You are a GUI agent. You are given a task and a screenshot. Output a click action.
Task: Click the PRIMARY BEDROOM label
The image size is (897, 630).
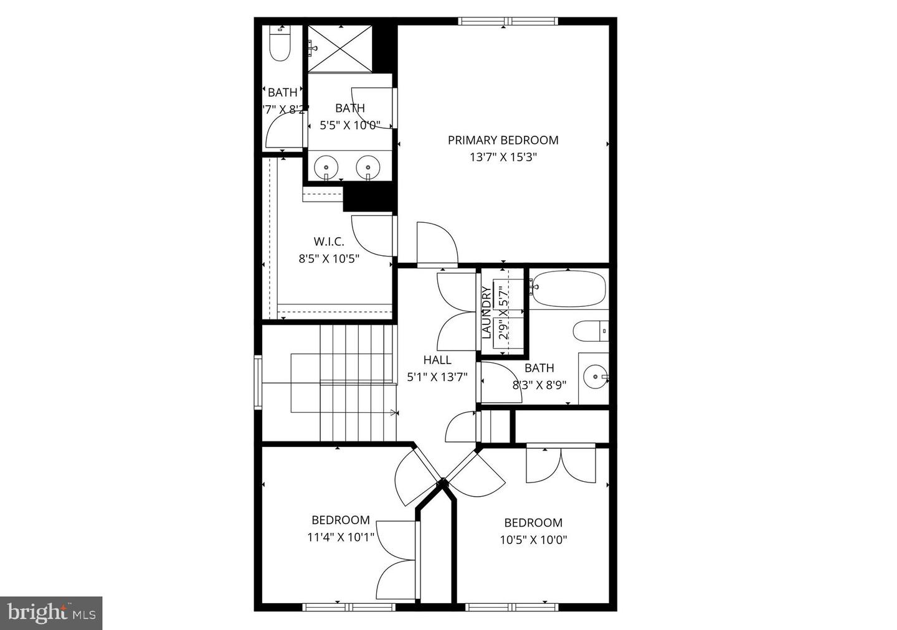[503, 140]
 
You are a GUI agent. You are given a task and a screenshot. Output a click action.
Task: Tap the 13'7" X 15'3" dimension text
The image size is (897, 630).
[503, 157]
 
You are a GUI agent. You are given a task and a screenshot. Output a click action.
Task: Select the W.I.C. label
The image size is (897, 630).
[328, 242]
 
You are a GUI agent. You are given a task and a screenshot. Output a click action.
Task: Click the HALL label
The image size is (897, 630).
[437, 360]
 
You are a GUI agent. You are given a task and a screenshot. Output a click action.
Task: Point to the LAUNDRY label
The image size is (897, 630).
[486, 312]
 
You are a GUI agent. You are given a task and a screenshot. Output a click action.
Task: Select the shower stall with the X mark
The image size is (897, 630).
[341, 49]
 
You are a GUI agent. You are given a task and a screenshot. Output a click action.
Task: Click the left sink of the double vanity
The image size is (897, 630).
[326, 167]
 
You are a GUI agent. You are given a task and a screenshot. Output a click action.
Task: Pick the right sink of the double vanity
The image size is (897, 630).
[368, 167]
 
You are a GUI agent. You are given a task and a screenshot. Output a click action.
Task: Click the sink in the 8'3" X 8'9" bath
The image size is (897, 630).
[596, 376]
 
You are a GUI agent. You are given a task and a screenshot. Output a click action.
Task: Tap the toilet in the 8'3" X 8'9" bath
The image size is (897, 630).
[589, 331]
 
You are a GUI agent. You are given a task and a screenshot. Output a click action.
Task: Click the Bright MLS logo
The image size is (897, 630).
[51, 613]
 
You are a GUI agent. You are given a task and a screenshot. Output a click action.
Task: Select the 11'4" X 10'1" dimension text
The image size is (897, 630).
[341, 537]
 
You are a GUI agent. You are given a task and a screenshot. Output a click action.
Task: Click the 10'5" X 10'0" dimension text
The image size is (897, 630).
[533, 540]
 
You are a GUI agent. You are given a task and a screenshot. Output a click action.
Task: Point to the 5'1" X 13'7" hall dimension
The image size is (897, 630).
[437, 377]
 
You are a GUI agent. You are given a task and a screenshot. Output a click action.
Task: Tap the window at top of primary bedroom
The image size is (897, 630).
[508, 21]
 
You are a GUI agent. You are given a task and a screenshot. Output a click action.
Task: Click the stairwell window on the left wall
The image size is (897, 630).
[258, 382]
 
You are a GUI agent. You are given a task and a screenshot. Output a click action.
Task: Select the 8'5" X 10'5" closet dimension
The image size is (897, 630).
[328, 258]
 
